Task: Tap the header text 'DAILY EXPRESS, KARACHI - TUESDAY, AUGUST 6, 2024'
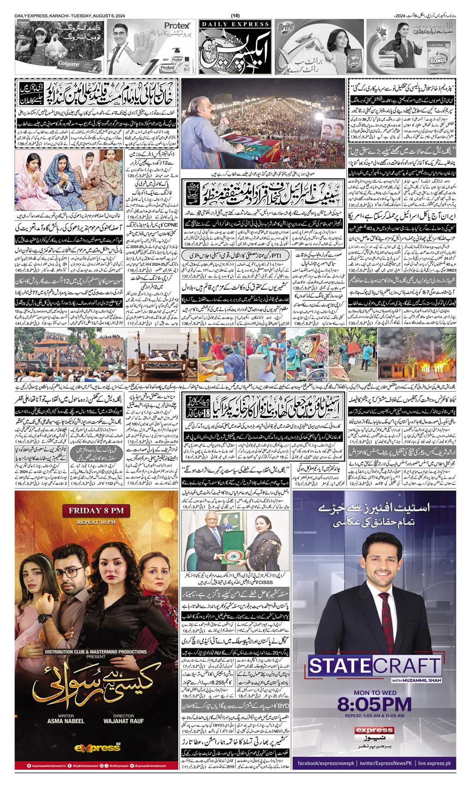click(72, 17)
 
